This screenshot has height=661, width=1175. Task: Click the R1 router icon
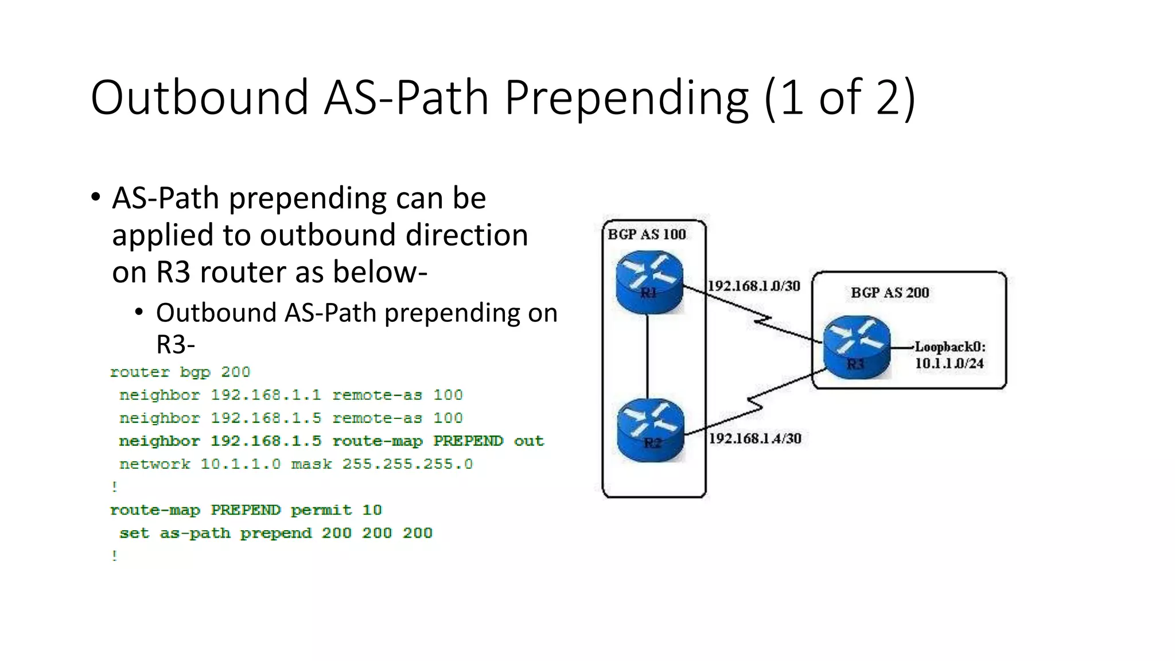[x=649, y=282]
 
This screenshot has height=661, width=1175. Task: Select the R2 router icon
[x=651, y=430]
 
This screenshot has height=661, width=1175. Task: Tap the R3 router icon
[x=856, y=348]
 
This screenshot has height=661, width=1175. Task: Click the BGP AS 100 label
[x=647, y=235]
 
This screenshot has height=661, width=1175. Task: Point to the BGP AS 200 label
[x=889, y=293]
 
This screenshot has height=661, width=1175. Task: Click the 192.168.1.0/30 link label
[x=753, y=286]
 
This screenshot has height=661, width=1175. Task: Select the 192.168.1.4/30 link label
[x=755, y=438]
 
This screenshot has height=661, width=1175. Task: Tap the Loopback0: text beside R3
[x=950, y=347]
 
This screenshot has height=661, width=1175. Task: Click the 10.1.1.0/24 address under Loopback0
[x=949, y=363]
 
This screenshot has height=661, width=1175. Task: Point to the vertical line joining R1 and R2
[x=648, y=356]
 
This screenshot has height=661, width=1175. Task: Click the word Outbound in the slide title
[x=200, y=98]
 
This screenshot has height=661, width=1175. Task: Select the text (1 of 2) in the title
[x=839, y=98]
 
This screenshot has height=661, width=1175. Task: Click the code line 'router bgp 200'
[x=180, y=372]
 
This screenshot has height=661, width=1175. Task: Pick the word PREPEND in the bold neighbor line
[x=468, y=441]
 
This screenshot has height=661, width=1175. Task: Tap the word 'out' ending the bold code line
[x=528, y=441]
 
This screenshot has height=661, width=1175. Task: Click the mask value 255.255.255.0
[x=407, y=464]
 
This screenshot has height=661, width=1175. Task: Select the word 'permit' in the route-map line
[x=321, y=510]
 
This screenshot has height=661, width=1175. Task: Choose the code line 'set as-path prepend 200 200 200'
[x=275, y=533]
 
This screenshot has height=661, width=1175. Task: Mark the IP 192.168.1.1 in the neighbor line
[x=266, y=395]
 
